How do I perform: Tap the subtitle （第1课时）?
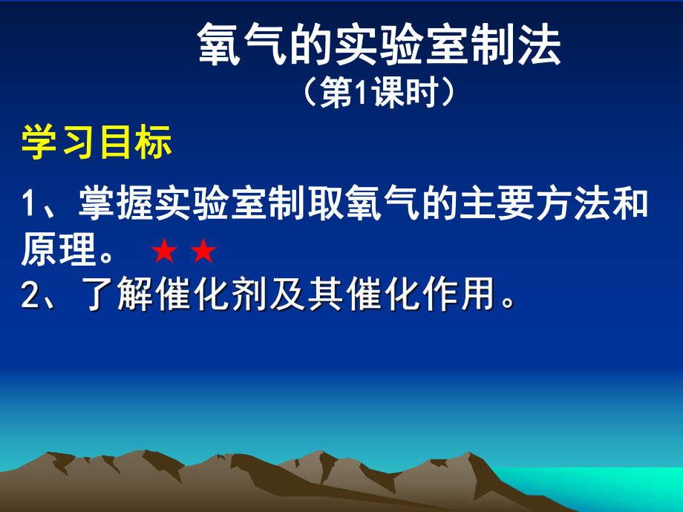(x=379, y=96)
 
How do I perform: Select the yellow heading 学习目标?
(x=97, y=142)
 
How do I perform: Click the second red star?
(x=203, y=253)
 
